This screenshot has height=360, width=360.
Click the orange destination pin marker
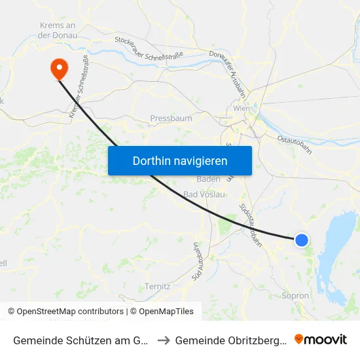[58, 67]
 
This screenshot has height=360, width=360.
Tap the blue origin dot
[302, 240]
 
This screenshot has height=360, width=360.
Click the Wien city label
[242, 109]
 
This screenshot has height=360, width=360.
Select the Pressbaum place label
[171, 118]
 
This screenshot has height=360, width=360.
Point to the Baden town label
[208, 179]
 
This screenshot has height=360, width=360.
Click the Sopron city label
[295, 296]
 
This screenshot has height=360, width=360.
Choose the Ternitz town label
[158, 287]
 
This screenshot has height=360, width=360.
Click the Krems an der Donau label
[59, 30]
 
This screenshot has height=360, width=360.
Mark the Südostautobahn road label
[251, 225]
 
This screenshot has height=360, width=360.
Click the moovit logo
[321, 339]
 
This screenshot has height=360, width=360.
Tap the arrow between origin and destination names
[164, 340]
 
